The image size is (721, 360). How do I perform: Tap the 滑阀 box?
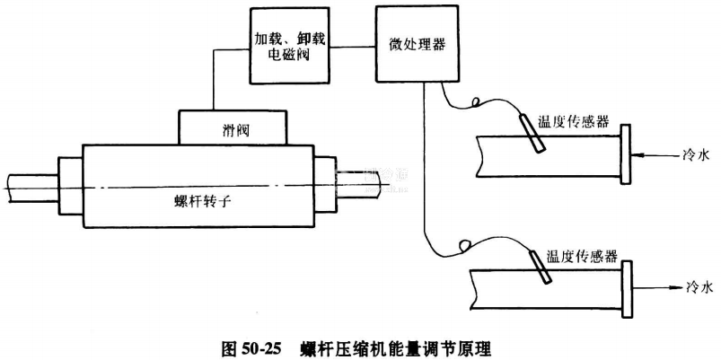(233, 128)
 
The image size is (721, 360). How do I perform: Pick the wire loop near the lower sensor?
(463, 242)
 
